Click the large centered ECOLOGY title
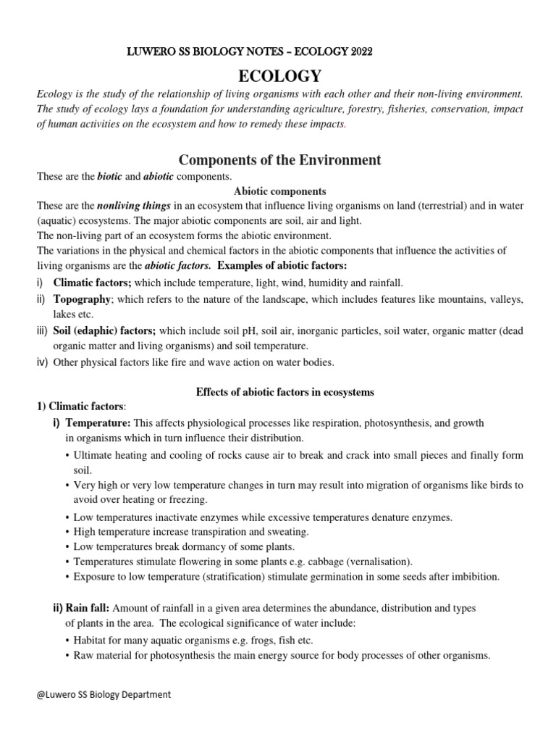click(x=279, y=75)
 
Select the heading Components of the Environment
click(x=279, y=159)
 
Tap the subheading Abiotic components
click(x=279, y=191)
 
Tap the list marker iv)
click(x=42, y=362)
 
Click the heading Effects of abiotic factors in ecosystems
click(x=285, y=392)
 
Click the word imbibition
click(x=473, y=577)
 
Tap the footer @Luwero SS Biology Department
click(x=104, y=694)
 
